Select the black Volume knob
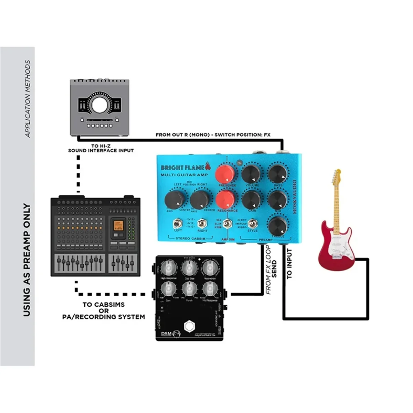(x=251, y=174)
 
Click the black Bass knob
(x=277, y=173)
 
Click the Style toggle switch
(x=253, y=224)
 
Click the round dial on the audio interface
(x=99, y=104)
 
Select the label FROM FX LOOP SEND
(x=271, y=270)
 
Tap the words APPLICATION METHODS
(x=28, y=99)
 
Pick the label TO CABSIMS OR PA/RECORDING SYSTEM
(x=104, y=311)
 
